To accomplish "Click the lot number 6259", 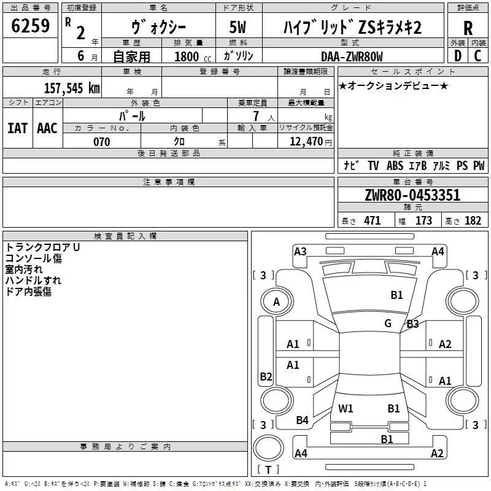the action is point(30,26).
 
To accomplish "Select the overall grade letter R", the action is point(468,28).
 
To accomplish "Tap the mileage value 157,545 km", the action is point(72,88).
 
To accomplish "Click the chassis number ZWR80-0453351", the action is point(412,195).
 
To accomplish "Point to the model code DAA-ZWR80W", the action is point(352,56).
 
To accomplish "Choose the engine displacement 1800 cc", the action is point(193,56).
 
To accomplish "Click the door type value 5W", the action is point(238,27).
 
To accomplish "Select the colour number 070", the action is point(101,142).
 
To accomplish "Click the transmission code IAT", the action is point(18,128).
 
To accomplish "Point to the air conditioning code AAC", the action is point(47,128).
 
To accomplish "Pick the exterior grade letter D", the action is point(458,56).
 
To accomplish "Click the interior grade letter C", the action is point(477,56).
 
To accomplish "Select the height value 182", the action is point(473,221).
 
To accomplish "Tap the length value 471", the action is point(373,221).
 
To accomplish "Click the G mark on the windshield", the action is point(388,323).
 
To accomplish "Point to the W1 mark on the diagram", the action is point(346,408).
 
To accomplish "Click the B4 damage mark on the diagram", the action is point(302,420).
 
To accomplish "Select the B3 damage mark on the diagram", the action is point(412,324).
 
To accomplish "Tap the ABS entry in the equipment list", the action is point(395,166).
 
